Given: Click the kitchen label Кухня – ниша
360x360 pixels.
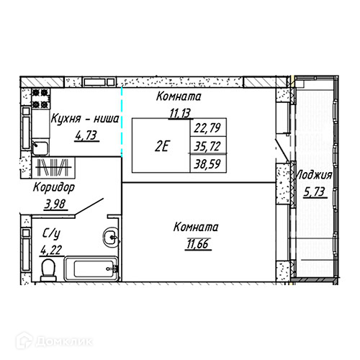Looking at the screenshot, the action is [x=85, y=119].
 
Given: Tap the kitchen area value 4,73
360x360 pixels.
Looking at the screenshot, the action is [x=86, y=135].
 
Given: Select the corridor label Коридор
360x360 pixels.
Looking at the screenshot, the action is [x=54, y=187].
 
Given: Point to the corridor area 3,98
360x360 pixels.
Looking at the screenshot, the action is [x=55, y=204].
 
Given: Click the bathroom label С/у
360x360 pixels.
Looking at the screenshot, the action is [x=51, y=233].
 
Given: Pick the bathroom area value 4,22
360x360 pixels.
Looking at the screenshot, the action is [x=51, y=250].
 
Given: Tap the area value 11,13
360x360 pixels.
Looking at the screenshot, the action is [x=180, y=113].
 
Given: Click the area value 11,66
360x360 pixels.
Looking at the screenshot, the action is [x=198, y=244].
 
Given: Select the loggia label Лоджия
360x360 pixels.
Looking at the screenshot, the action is [x=315, y=175].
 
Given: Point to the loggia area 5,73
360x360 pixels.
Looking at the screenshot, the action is [x=315, y=192].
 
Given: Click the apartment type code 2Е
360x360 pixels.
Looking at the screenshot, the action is [x=161, y=146].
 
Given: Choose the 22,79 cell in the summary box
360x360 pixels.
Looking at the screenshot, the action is [x=207, y=127].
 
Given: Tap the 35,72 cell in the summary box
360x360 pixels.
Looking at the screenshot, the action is [x=207, y=146].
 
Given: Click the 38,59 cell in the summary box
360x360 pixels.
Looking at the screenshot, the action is [x=207, y=164].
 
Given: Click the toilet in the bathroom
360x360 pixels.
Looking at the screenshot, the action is [x=48, y=270].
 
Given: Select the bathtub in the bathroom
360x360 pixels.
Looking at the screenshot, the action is [x=91, y=269].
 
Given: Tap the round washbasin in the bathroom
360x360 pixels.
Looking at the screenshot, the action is [x=111, y=237].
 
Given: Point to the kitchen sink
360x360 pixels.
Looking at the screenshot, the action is [x=40, y=148].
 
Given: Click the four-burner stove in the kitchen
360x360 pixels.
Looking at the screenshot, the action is [x=40, y=99].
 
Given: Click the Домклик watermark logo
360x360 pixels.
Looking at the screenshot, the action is [x=54, y=341].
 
